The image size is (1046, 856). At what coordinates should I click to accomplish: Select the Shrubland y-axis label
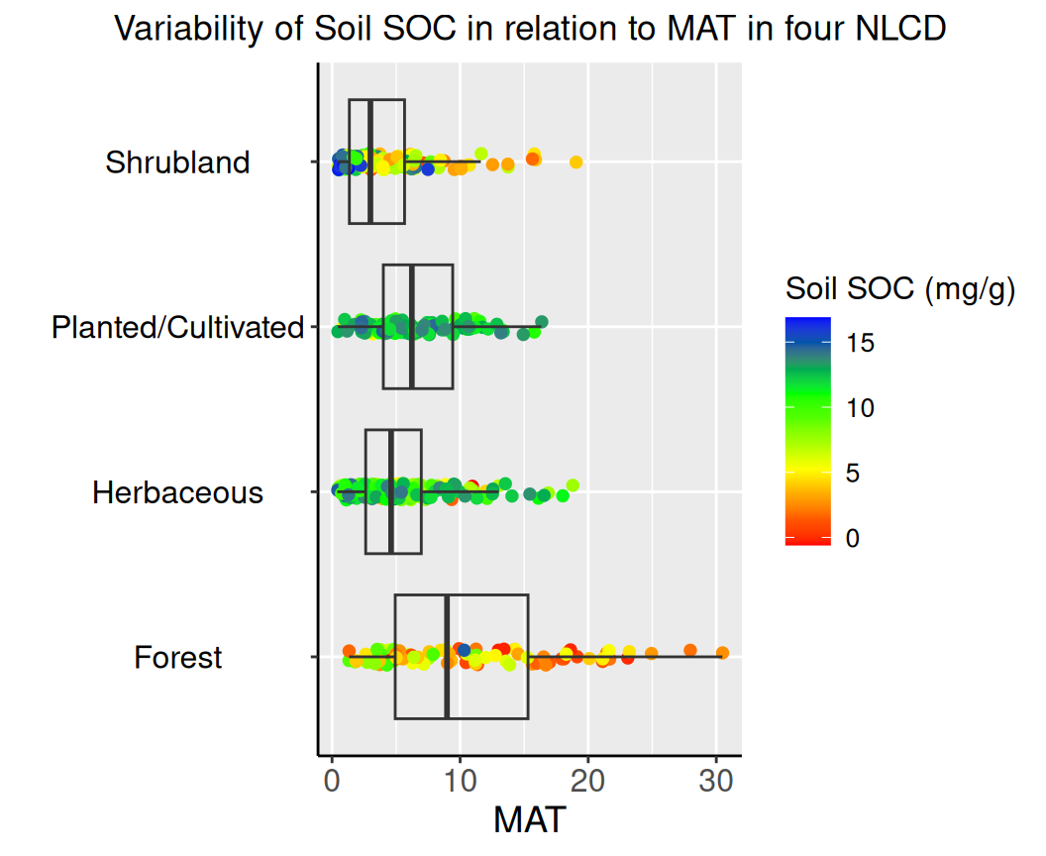pos(177,162)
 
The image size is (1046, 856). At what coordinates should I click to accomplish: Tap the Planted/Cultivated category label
pos(177,327)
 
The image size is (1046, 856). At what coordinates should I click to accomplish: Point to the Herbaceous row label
pos(177,492)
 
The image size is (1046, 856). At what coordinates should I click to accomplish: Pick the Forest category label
pos(178,658)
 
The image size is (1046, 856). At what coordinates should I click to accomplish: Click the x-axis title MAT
pos(529,820)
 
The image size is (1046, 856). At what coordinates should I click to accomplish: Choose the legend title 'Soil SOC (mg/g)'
pos(900,289)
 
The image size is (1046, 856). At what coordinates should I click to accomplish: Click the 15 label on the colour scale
pos(861,343)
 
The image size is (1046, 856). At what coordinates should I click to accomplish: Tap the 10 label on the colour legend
pos(861,408)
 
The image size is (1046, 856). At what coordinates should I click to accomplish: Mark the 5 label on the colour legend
pos(854,474)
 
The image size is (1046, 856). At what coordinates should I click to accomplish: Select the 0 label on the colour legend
pos(854,539)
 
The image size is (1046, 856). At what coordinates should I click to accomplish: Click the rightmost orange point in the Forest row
pos(722,653)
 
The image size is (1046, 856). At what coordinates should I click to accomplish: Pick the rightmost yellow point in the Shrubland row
pos(575,161)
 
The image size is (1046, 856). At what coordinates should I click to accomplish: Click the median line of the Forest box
pos(447,658)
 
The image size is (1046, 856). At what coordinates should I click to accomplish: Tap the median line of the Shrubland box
pos(369,162)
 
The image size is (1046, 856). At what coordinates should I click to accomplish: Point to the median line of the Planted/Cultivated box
pos(411,327)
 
